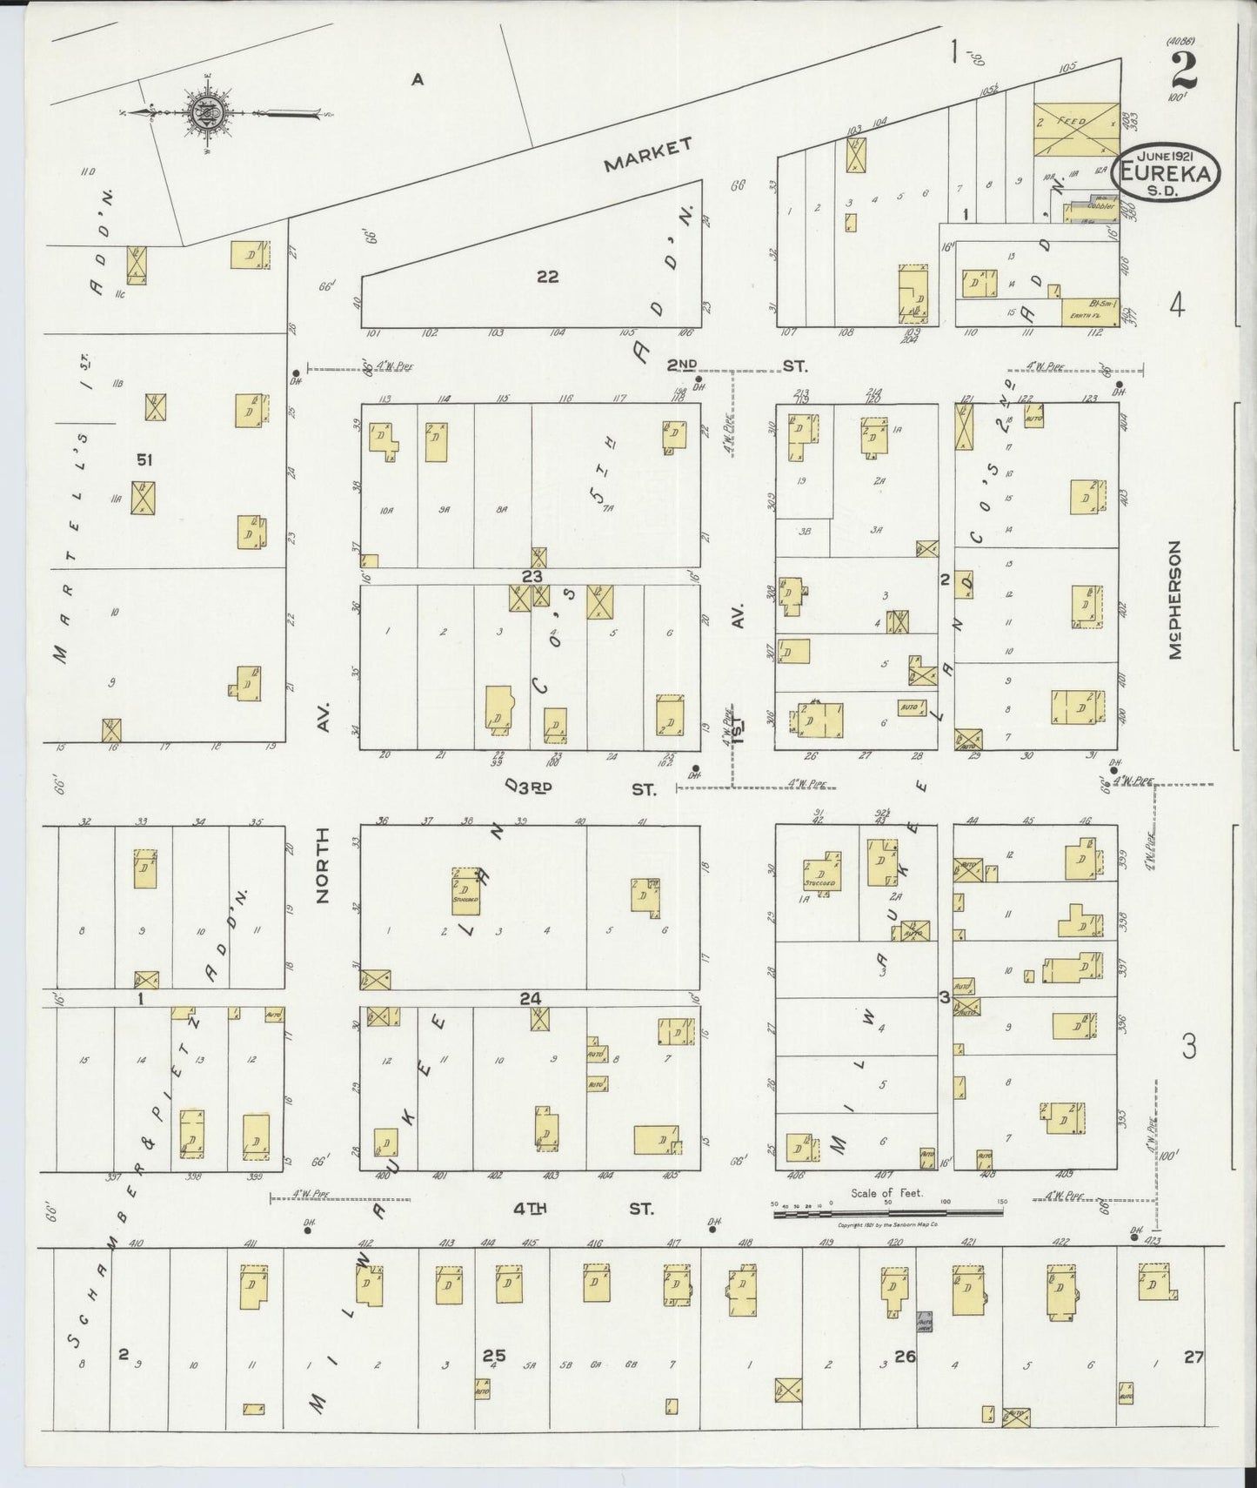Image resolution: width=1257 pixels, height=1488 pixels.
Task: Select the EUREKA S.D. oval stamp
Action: click(1165, 174)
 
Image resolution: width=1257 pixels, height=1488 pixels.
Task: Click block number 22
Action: click(547, 278)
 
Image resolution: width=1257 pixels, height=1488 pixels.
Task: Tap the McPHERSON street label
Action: click(1176, 600)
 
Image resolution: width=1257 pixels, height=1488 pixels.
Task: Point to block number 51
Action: click(144, 459)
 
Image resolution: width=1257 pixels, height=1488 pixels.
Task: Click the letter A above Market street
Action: click(418, 80)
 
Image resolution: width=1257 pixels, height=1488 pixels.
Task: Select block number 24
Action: click(531, 999)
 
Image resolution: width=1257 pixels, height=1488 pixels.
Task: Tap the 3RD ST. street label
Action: click(592, 788)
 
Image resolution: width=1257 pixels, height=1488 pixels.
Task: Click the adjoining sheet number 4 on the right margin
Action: click(1177, 306)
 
